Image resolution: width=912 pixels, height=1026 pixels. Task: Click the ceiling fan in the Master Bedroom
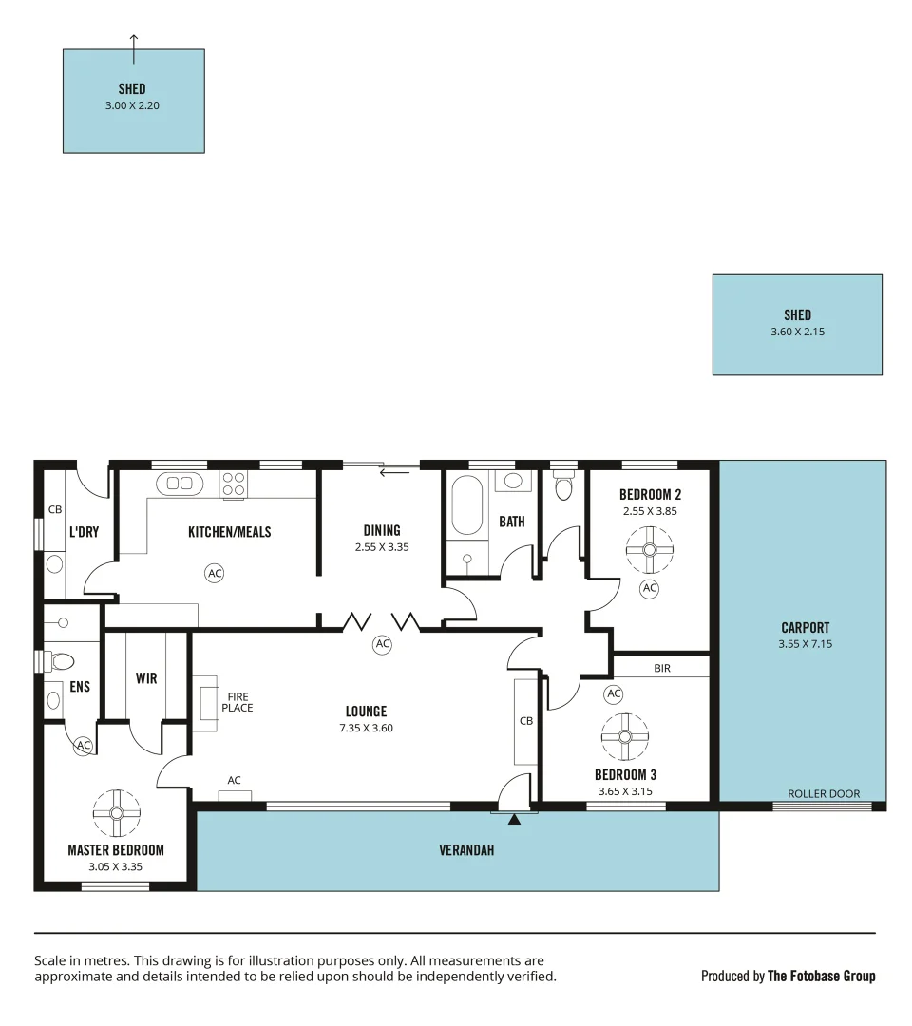coord(117,812)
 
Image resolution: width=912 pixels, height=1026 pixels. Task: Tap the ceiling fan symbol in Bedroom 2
coord(650,549)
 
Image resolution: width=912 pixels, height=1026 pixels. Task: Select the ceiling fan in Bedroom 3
coord(625,736)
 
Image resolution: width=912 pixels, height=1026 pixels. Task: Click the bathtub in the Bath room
coord(467,505)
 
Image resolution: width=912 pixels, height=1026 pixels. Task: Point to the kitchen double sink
coord(180,484)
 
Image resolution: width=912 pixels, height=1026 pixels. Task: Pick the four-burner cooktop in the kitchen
coord(234,484)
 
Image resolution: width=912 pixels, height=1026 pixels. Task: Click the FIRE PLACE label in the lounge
coord(237,702)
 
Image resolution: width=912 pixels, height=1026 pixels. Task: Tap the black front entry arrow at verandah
coord(514,818)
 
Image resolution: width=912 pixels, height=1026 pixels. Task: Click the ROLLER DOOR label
coord(824,794)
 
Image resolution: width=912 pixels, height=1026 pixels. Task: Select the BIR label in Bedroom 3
coord(662,669)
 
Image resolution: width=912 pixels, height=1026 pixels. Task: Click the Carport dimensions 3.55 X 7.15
coord(805,644)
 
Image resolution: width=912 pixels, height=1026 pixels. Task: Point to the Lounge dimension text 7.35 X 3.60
coord(366,729)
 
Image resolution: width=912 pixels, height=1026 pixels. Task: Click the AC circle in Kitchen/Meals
coord(215,573)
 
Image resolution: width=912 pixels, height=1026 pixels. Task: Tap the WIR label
coord(146,678)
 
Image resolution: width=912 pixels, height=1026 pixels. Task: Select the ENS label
coord(80,686)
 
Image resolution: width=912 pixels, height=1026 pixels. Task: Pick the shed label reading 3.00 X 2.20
coord(132,106)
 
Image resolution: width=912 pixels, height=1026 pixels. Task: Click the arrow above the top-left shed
coord(134,41)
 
